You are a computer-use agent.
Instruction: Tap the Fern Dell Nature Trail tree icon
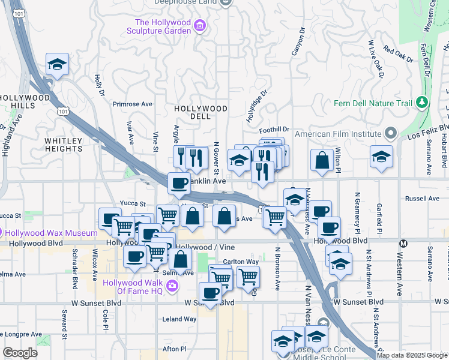(423, 103)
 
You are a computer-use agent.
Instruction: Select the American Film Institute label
(338, 133)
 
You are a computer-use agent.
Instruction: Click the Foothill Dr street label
(274, 129)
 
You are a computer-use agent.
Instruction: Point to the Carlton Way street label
(240, 262)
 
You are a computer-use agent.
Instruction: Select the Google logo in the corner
(20, 353)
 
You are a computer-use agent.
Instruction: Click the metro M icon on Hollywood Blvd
(403, 243)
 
